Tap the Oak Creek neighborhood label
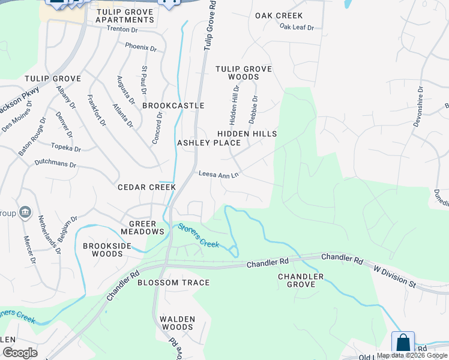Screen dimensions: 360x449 coord(279,16)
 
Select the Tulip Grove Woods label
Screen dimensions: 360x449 coord(244,73)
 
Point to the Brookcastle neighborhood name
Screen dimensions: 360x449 coord(173,106)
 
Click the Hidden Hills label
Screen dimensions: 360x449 coord(247,133)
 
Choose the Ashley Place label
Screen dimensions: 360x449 coord(209,143)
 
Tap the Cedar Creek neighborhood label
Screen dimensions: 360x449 coord(146,187)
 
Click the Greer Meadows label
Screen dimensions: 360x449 coord(142,226)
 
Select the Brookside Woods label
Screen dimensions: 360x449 coord(103,250)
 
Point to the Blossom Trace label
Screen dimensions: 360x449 coord(173,283)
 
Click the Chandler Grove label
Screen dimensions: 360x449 coord(301,280)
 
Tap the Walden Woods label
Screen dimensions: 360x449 coord(176,323)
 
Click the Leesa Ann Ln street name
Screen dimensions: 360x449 coord(219,175)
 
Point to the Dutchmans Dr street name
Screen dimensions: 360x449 coord(55,163)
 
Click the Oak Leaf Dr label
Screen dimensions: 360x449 coord(297,27)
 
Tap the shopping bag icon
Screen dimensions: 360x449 coord(403,344)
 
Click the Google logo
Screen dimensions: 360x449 coord(19,353)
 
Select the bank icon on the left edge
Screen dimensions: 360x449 coord(25,212)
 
